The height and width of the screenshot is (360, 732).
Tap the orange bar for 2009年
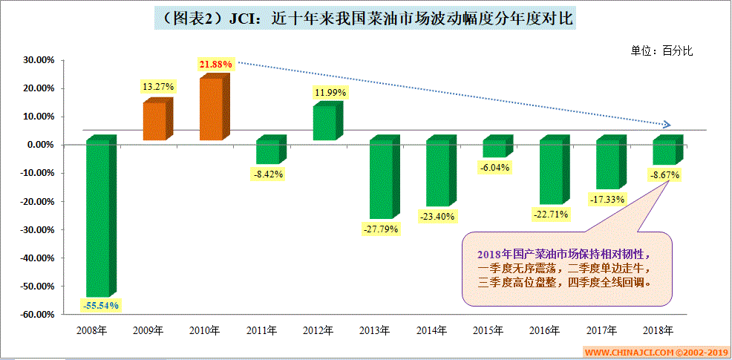[x=154, y=121]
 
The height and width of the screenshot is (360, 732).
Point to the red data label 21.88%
[x=216, y=65]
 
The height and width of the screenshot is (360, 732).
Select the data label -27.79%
[x=381, y=229]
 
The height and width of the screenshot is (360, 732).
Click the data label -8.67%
[x=663, y=175]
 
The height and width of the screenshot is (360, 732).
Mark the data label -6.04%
[x=494, y=168]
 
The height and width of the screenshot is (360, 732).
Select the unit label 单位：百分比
[x=661, y=50]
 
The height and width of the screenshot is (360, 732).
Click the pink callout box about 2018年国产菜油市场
[x=568, y=268]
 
